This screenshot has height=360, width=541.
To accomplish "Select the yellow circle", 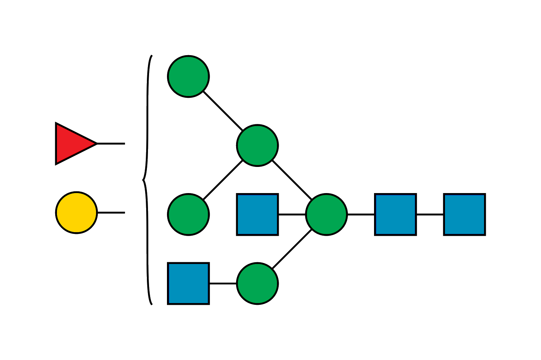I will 76,213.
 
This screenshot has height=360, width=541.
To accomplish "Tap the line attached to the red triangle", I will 111,144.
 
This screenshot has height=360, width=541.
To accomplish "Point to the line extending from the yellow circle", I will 111,213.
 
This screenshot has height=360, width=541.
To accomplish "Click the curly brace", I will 146,179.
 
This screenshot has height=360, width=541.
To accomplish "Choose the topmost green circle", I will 188,76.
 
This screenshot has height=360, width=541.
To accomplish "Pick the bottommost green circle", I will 257,283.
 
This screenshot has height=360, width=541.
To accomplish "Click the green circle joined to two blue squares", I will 326,215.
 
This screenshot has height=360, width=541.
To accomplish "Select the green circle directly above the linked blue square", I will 257,145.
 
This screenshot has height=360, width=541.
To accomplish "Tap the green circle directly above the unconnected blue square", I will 188,215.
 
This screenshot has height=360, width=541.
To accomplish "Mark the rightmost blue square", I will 464,215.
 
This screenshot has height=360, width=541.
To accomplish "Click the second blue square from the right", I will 396,215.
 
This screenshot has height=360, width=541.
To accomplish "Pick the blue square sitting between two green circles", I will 257,215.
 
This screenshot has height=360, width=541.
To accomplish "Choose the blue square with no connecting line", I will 188,283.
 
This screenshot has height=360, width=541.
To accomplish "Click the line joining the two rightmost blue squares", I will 430,215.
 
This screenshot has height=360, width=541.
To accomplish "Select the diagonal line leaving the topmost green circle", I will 223,111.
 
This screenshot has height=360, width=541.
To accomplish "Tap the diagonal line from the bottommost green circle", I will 292,249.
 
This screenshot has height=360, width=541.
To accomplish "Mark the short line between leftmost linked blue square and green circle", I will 292,215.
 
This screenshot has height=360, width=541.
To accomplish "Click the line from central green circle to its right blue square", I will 361,215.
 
